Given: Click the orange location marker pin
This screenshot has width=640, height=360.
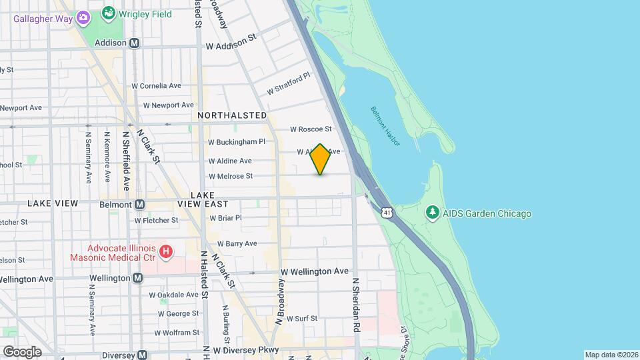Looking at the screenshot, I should (x=321, y=159).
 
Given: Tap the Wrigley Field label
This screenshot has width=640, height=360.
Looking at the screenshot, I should (x=145, y=14).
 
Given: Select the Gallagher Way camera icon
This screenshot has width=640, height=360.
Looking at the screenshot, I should (x=83, y=17).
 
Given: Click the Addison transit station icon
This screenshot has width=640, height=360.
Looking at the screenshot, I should (x=135, y=43).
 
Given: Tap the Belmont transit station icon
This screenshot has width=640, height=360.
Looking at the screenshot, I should (x=140, y=204).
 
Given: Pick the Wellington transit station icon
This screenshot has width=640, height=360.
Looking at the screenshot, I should (x=137, y=278).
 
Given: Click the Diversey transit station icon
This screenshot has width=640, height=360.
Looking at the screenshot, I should (x=143, y=355).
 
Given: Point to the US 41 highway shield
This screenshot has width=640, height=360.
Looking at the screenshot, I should (x=387, y=213).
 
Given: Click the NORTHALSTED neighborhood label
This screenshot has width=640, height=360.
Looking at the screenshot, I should (x=233, y=115).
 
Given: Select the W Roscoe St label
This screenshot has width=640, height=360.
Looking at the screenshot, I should (x=311, y=129).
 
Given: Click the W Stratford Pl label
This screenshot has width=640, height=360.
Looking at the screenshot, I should (x=289, y=84).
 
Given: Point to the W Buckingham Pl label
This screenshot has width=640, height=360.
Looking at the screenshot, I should (x=237, y=142).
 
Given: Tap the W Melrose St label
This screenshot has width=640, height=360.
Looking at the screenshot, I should (x=231, y=177).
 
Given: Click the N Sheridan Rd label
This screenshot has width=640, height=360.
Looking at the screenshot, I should (x=356, y=303).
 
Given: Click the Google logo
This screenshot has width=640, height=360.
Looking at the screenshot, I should (x=22, y=351).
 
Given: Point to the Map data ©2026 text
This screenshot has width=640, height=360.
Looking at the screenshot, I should (x=611, y=355).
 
